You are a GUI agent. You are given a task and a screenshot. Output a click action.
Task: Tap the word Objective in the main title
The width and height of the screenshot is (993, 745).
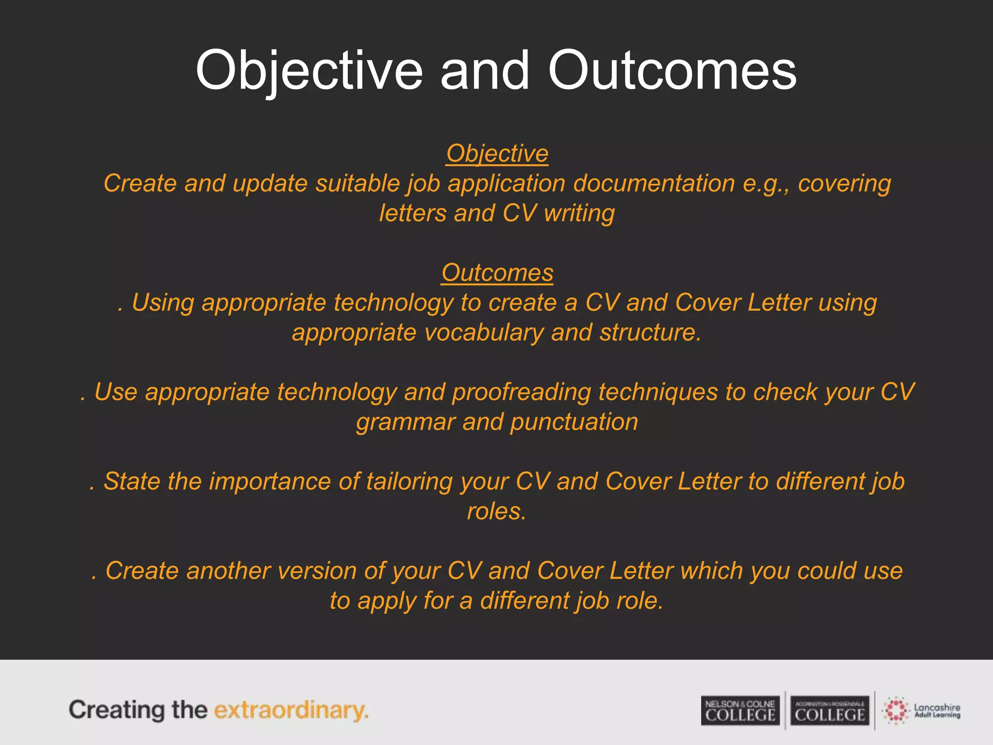click(309, 71)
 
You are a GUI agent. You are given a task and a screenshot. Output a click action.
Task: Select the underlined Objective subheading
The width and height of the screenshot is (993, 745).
click(497, 154)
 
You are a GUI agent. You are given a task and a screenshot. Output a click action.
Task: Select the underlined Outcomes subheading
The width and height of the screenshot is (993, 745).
click(497, 273)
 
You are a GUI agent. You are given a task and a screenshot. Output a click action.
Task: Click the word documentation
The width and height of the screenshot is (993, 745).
click(654, 184)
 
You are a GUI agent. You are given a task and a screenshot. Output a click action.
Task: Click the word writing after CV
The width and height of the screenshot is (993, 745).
click(579, 214)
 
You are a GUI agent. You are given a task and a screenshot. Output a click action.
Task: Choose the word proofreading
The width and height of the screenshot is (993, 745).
click(521, 392)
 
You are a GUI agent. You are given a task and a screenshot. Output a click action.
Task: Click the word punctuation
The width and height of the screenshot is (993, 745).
click(574, 422)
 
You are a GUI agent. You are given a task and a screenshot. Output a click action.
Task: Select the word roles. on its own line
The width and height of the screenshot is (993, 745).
click(496, 512)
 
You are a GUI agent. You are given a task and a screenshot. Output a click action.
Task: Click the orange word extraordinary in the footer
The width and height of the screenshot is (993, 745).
click(291, 710)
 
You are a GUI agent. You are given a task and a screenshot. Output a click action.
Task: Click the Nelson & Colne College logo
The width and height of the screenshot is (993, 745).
click(740, 711)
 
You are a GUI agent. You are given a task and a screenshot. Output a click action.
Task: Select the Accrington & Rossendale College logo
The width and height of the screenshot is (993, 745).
click(830, 711)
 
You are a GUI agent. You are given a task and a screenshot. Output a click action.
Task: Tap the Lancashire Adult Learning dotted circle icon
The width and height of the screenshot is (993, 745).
click(896, 711)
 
